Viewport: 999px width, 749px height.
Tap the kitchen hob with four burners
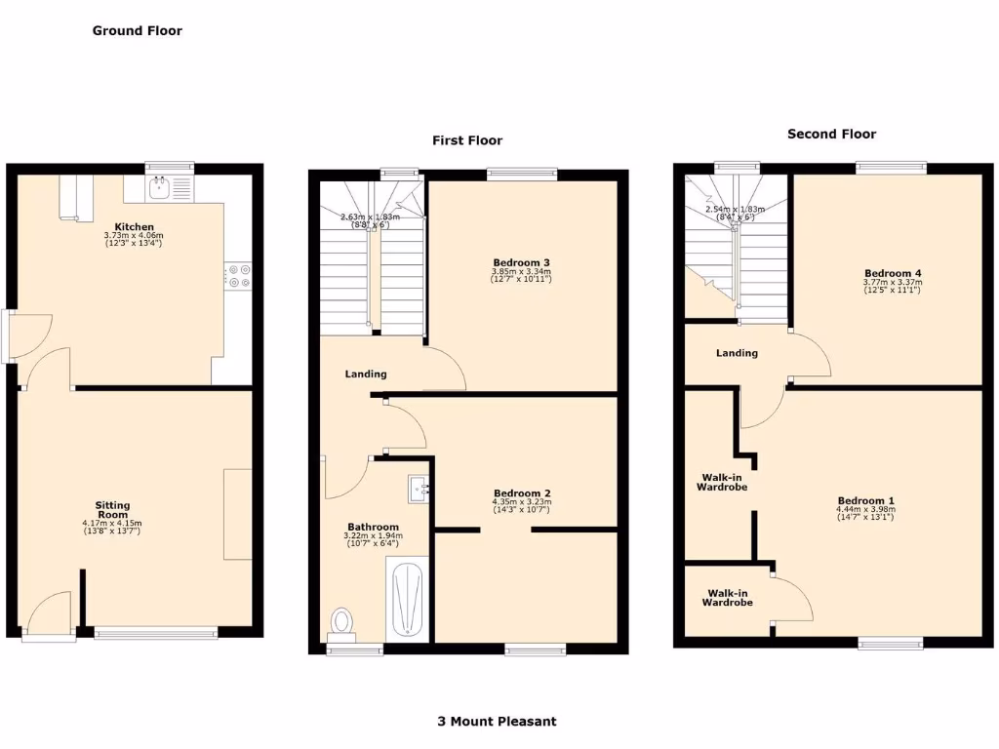point(238,277)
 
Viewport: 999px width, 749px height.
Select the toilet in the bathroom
point(342,621)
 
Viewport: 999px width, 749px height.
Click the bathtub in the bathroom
point(407,599)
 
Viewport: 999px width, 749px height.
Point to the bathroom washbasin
point(420,488)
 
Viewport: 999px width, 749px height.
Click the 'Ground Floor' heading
point(138,30)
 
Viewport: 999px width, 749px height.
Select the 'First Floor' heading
point(467,140)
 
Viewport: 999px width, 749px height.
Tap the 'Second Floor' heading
point(831,134)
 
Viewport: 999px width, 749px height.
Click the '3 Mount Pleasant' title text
point(497,722)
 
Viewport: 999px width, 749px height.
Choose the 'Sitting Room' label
point(112,510)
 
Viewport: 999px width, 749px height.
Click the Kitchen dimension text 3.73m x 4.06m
point(134,235)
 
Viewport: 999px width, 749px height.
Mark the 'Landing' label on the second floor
point(737,353)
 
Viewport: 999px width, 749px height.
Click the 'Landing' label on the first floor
point(366,374)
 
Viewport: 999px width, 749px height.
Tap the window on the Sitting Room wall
point(156,634)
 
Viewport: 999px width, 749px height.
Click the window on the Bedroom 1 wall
point(890,643)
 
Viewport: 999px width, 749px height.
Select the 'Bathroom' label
point(374,527)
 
